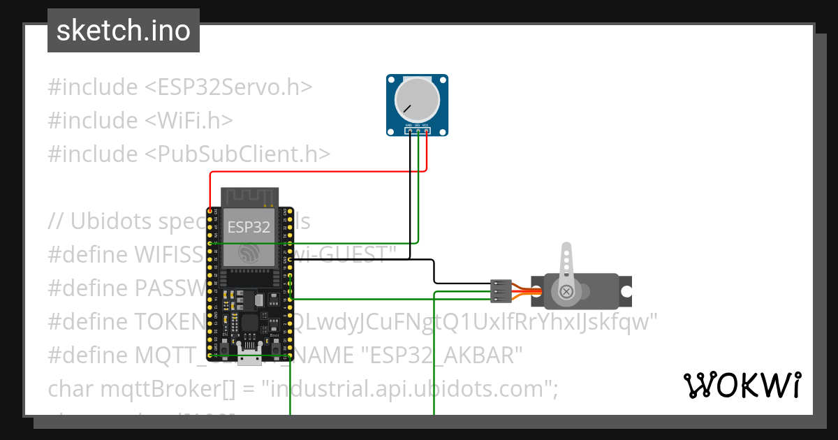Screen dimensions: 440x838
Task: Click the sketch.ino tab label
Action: coord(123,31)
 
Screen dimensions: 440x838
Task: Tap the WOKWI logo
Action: coord(742,385)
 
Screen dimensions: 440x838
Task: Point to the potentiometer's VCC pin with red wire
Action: coord(426,130)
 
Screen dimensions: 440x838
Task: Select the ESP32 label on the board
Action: coord(249,227)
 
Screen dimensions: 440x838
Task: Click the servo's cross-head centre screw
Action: coord(567,290)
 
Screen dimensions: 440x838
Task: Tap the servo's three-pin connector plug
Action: coord(500,291)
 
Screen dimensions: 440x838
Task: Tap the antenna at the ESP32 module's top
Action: coord(249,196)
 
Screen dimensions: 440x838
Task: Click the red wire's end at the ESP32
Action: coord(210,210)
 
